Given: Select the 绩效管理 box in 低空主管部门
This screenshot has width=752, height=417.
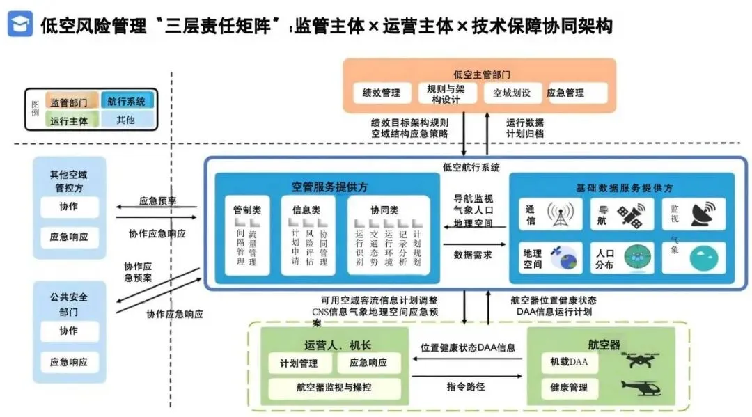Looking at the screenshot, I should coord(382,93).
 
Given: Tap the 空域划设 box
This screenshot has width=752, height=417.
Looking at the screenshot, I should coord(512,93).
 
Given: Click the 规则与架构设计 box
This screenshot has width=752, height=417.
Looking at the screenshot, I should coord(446,93).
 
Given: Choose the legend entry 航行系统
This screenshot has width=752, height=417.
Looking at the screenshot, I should coord(126,102).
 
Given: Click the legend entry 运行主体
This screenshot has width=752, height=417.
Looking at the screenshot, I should coord(70,120).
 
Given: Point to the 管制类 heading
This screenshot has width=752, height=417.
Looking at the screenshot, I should coord(247,210).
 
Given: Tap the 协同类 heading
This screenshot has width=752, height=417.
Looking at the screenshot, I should coord(384,210).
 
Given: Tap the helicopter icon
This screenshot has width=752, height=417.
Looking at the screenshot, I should coord(640,386).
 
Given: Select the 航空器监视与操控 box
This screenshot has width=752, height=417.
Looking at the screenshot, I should coord(335,387).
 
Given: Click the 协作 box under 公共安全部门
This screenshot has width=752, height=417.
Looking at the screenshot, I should coord(68,331).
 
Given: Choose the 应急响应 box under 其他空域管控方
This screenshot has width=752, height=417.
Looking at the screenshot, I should coord(68,237).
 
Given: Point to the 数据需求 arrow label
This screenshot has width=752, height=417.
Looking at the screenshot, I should coord(473,255).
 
